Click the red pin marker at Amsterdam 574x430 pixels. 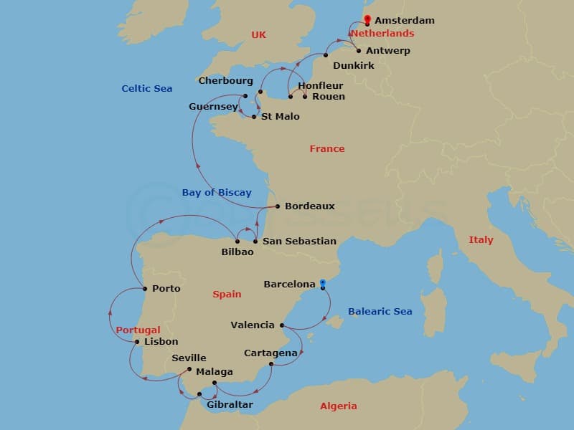point(367,19)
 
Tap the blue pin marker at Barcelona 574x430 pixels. point(323,284)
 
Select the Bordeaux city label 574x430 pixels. point(310,206)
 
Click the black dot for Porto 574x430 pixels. point(146,289)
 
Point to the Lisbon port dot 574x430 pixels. point(137,342)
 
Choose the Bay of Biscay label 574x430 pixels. point(217,192)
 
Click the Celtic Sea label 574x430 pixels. point(147,89)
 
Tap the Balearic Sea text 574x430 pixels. point(380,312)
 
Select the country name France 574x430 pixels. point(327,149)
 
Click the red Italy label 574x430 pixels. point(481,240)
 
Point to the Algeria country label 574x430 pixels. point(338,406)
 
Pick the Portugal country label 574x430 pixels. point(138,330)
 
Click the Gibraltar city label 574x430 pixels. point(230,405)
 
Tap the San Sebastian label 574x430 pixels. point(299,242)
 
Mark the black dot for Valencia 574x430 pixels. point(281,325)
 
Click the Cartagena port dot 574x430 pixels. point(270,364)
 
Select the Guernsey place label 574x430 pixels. point(213,107)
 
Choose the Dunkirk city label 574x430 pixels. point(353,66)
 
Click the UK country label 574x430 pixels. point(258,34)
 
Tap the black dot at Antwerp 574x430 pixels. point(359,51)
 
